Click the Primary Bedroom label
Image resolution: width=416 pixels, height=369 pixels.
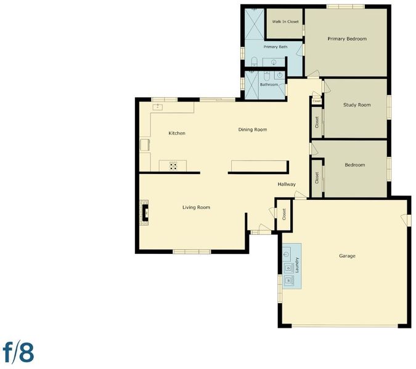click(x=347, y=39)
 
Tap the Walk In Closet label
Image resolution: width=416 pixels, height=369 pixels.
click(x=285, y=22)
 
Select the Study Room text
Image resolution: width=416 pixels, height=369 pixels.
click(x=357, y=105)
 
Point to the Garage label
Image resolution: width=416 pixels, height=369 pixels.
click(x=347, y=256)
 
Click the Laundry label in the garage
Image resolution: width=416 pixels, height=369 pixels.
click(x=297, y=265)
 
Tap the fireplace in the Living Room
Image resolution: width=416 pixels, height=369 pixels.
click(x=145, y=213)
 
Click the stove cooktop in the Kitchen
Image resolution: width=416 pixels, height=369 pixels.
click(x=173, y=166)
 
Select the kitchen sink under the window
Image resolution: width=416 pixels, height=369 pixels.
click(x=158, y=107)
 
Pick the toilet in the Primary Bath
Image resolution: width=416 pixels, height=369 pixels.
click(x=254, y=61)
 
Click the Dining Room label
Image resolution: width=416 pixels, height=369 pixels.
click(x=253, y=130)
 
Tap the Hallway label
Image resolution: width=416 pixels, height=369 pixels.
click(x=287, y=184)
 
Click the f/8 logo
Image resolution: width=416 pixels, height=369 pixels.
click(x=18, y=352)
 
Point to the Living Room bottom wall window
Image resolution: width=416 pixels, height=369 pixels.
click(x=192, y=252)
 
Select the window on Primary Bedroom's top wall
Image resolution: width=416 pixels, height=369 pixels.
click(x=345, y=7)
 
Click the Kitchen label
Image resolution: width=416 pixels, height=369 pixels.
click(x=177, y=133)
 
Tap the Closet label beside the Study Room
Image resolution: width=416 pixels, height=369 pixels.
click(x=317, y=122)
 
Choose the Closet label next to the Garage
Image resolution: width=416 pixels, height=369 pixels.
click(x=284, y=215)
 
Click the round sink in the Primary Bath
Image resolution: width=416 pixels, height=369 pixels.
click(x=274, y=63)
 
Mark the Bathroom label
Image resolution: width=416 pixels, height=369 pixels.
click(x=269, y=85)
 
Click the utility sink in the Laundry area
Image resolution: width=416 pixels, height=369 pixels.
click(x=287, y=253)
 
